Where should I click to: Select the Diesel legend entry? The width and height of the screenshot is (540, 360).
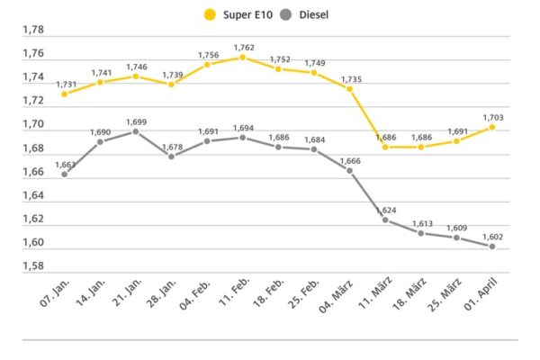pos(311,14)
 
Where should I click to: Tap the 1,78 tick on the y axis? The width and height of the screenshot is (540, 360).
pos(32,30)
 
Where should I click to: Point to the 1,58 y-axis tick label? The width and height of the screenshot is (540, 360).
pos(32,266)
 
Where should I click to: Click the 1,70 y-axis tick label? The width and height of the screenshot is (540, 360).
pos(32,124)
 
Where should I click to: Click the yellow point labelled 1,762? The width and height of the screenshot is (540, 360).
pos(241,57)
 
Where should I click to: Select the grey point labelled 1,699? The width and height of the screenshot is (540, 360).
pos(136,131)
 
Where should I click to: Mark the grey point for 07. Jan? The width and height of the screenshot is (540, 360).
pos(65,174)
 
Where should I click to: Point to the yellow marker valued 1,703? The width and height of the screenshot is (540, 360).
pos(492,127)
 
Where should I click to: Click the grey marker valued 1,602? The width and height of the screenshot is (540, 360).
pos(492,247)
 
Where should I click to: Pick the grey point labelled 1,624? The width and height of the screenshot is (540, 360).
pos(385,220)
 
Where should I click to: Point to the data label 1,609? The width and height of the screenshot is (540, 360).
pos(455,227)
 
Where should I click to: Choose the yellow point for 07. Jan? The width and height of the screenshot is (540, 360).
pos(65,94)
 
